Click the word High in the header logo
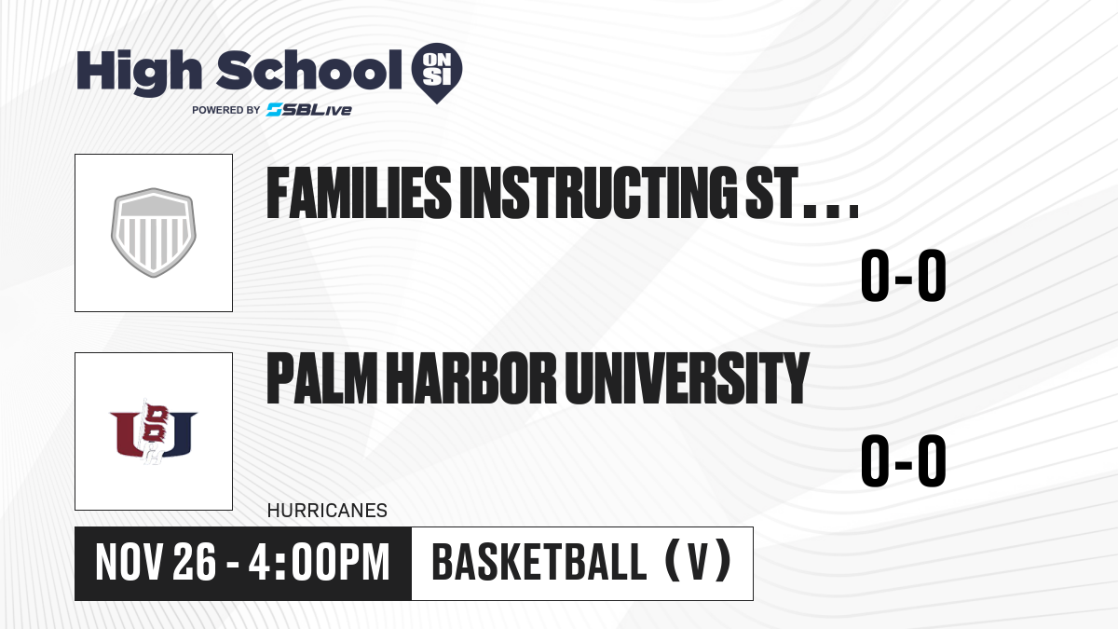click(x=139, y=73)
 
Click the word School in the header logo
click(x=309, y=70)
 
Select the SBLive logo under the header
click(x=309, y=110)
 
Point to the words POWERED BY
click(x=226, y=110)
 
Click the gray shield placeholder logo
click(x=153, y=233)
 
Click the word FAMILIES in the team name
click(x=359, y=193)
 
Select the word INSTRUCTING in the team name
click(x=598, y=193)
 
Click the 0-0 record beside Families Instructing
click(x=904, y=276)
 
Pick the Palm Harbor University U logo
click(x=153, y=431)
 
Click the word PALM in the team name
click(x=322, y=377)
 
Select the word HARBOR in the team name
click(x=471, y=377)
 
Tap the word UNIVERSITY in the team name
click(x=687, y=377)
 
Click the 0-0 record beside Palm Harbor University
click(x=904, y=460)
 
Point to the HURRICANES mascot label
click(x=327, y=511)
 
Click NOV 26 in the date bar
click(x=156, y=563)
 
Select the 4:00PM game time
click(x=319, y=563)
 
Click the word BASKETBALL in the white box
click(x=539, y=563)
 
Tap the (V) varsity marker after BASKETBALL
click(x=699, y=562)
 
